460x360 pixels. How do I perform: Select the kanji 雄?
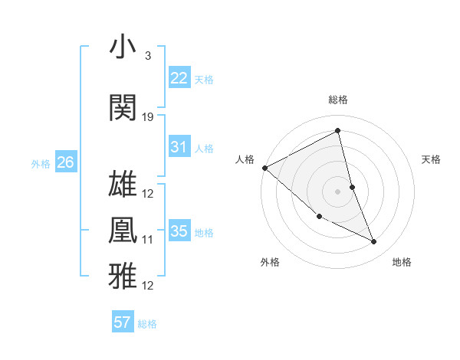point(123,183)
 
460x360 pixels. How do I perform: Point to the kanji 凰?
point(123,230)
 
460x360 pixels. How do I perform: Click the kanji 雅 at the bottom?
point(123,276)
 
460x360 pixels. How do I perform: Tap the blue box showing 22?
point(179,77)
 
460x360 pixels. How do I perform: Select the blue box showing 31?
point(179,147)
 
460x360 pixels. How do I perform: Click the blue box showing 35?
point(179,231)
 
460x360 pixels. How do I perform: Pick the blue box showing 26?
point(66,162)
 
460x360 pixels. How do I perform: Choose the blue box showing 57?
point(123,322)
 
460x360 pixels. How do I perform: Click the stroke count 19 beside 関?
point(148,117)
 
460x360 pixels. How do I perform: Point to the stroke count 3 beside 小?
point(147,56)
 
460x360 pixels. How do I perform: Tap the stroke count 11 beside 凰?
point(148,240)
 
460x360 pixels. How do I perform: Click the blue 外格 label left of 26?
point(41,163)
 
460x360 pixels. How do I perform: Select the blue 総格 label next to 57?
point(147,324)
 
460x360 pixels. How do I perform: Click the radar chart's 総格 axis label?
point(338,100)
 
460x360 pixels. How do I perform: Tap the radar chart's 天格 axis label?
point(431,159)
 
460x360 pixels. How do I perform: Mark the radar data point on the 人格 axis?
point(264,168)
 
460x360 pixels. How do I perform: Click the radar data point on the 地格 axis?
point(374,242)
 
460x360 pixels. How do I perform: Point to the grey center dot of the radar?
point(338,191)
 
